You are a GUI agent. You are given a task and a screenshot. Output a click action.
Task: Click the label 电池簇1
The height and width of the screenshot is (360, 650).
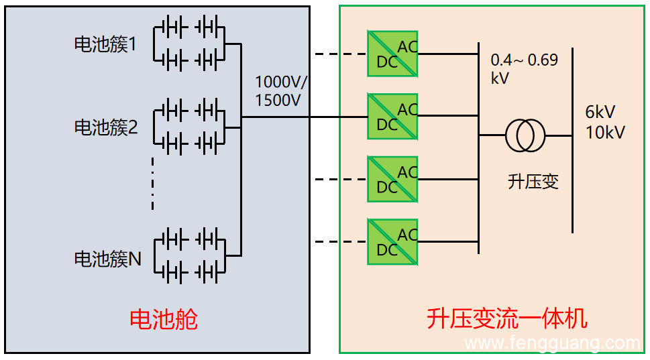coord(105,45)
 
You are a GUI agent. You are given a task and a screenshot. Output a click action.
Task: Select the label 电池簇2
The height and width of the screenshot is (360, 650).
coord(106,127)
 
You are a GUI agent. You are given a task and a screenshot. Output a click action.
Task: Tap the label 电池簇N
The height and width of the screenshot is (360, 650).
coord(107,259)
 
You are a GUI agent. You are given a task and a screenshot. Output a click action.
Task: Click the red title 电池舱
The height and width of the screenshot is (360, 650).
coord(164,319)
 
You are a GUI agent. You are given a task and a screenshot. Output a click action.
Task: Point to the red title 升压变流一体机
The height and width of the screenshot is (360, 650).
coord(506,319)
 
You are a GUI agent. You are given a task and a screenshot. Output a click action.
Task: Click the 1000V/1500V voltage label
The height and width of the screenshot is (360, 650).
coord(281,92)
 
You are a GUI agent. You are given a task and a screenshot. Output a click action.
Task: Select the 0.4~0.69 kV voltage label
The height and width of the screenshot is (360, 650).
coord(524,69)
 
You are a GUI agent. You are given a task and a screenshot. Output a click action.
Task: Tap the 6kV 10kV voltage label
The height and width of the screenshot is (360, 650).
coord(604,122)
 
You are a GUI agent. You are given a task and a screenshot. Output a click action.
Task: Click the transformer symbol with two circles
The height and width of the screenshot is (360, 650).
coord(525,135)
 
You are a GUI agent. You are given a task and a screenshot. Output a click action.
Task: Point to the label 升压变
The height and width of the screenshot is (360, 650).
coord(533,182)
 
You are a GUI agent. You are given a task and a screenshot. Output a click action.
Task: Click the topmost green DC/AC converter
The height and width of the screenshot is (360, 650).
coord(392,54)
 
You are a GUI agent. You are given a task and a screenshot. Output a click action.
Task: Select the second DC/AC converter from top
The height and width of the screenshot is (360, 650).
coord(392,117)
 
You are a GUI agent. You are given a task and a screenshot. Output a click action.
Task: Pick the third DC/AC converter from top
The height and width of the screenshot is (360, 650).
coord(392,179)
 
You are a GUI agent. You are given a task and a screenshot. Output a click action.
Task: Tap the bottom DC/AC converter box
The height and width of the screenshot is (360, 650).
coord(392,242)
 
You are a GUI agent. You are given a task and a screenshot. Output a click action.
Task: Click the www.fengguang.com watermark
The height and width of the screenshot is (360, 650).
coord(553,344)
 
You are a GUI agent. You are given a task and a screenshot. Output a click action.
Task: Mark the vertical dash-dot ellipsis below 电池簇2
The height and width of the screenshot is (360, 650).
coord(153,184)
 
